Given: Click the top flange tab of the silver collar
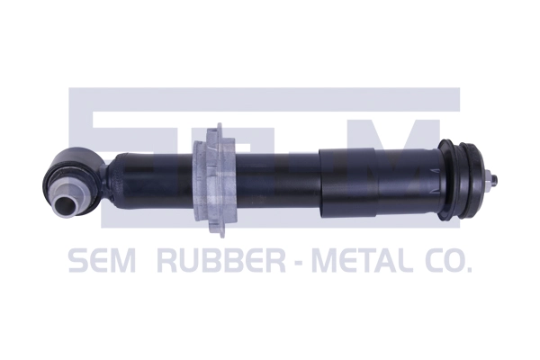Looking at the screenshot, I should [x=213, y=130].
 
